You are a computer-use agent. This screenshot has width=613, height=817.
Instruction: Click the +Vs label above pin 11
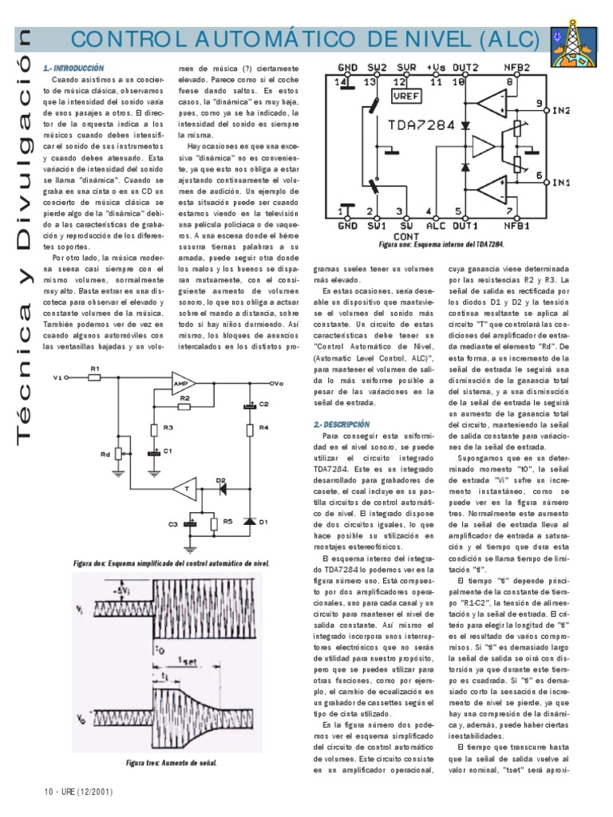436,67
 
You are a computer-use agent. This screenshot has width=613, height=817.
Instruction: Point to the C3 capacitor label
172,523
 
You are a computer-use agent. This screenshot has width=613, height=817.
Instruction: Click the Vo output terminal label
276,382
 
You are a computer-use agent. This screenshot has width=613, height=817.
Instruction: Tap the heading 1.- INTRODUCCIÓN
74,69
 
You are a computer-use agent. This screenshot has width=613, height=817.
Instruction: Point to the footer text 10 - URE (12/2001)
78,792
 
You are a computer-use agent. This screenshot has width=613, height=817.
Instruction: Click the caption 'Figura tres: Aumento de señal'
172,763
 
